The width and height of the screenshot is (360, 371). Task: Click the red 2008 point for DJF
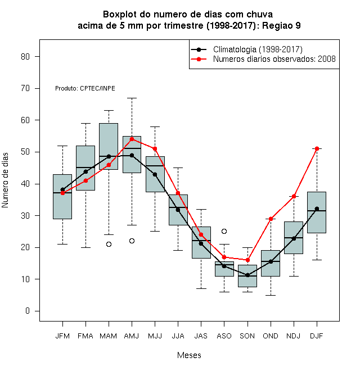[x=317, y=148]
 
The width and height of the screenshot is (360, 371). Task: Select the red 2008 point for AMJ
[x=132, y=139]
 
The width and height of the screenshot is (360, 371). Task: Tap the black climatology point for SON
[x=247, y=275]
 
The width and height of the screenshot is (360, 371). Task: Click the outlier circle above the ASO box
[x=224, y=231]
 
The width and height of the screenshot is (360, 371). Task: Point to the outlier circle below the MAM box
[x=109, y=244]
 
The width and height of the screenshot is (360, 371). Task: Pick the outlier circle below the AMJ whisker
[x=132, y=241]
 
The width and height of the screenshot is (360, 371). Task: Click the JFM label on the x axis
[x=62, y=336]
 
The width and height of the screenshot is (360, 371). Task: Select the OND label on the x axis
[x=271, y=336]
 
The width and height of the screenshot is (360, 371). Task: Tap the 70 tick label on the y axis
[x=25, y=88]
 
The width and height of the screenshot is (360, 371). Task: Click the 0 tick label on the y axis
[x=28, y=311]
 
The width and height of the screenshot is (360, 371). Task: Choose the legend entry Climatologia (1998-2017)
[x=246, y=49]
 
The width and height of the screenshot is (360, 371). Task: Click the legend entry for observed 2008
[x=263, y=59]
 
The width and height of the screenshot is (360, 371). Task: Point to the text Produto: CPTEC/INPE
[x=85, y=88]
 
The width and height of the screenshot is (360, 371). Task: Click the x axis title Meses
[x=189, y=355]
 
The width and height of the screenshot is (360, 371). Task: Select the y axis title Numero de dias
[x=5, y=180]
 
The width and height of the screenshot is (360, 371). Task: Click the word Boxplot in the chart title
[x=120, y=15]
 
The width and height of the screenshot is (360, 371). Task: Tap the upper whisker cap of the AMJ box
[x=132, y=98]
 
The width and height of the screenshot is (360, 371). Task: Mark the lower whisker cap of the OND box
[x=271, y=295]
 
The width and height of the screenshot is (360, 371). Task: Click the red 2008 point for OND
[x=271, y=219]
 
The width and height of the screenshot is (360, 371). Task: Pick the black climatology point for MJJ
[x=155, y=175]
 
